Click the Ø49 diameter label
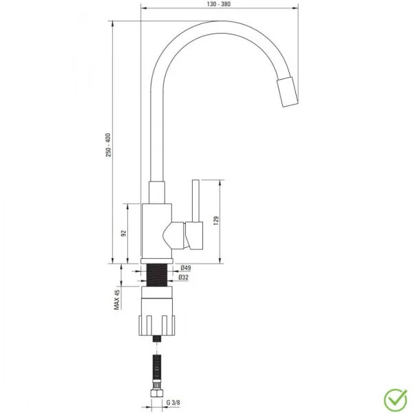pyautogui.click(x=184, y=268)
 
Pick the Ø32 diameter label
pyautogui.click(x=184, y=277)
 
